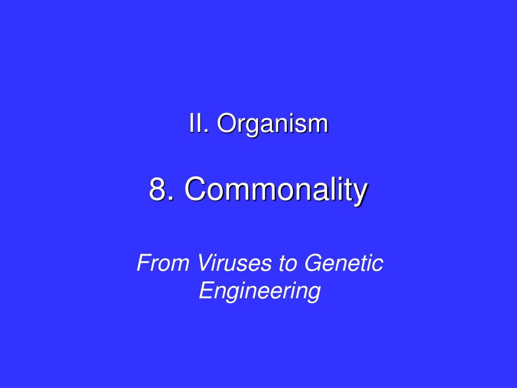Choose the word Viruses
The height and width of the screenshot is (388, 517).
tap(224, 264)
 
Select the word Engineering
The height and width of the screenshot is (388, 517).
tap(260, 292)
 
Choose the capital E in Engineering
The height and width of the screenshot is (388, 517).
tap(204, 291)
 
